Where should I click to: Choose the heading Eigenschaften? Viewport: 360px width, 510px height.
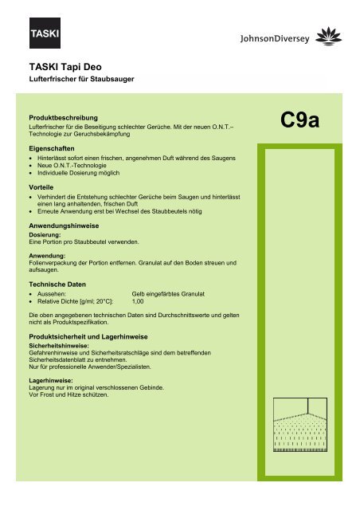click(53, 149)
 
